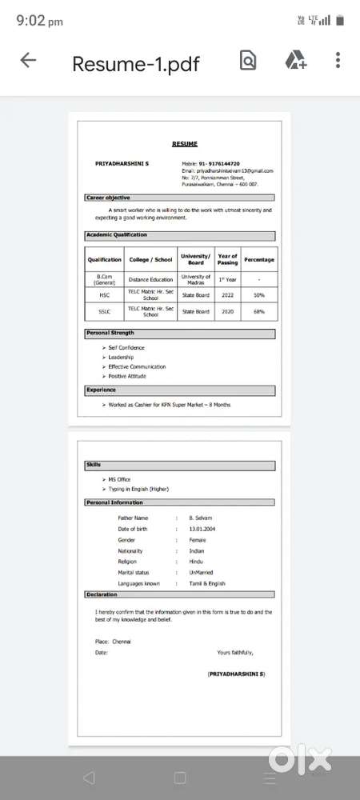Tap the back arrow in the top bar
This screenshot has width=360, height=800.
pyautogui.click(x=28, y=61)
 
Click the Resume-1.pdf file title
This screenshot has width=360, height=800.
pyautogui.click(x=135, y=63)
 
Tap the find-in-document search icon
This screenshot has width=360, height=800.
pyautogui.click(x=247, y=61)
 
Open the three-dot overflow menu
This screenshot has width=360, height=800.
pyautogui.click(x=338, y=61)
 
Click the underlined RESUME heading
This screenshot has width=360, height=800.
pyautogui.click(x=184, y=144)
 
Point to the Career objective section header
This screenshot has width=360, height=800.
pyautogui.click(x=108, y=198)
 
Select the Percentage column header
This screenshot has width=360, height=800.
pyautogui.click(x=258, y=259)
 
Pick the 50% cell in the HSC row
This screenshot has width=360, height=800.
pyautogui.click(x=258, y=295)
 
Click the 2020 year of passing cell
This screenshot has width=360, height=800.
pyautogui.click(x=227, y=311)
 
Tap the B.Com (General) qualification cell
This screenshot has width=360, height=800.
pyautogui.click(x=104, y=279)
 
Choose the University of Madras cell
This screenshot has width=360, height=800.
pyautogui.click(x=195, y=279)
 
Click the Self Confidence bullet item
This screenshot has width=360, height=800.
pyautogui.click(x=126, y=347)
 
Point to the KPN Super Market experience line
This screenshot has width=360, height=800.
pyautogui.click(x=169, y=405)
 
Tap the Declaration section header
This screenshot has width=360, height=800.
pyautogui.click(x=102, y=595)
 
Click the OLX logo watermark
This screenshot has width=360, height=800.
pyautogui.click(x=300, y=757)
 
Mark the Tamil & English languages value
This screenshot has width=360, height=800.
pyautogui.click(x=207, y=584)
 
